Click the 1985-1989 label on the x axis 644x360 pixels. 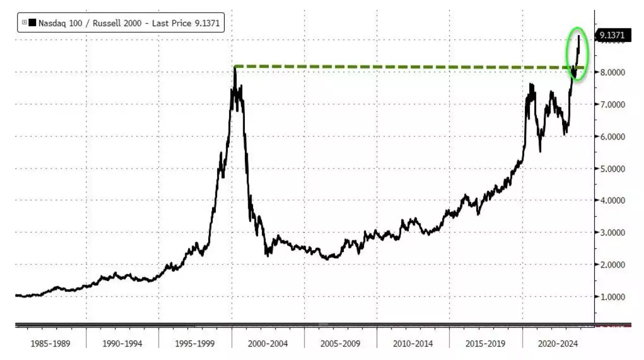tap(51, 344)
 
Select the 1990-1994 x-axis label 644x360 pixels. tap(123, 344)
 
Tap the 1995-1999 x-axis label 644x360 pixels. tap(195, 344)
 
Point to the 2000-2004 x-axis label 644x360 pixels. tap(268, 344)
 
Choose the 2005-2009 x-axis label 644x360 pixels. tap(341, 344)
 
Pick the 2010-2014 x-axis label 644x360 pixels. tap(413, 344)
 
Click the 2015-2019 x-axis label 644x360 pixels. tap(485, 344)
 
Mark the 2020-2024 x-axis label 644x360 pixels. tap(558, 344)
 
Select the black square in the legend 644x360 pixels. tap(32, 23)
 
